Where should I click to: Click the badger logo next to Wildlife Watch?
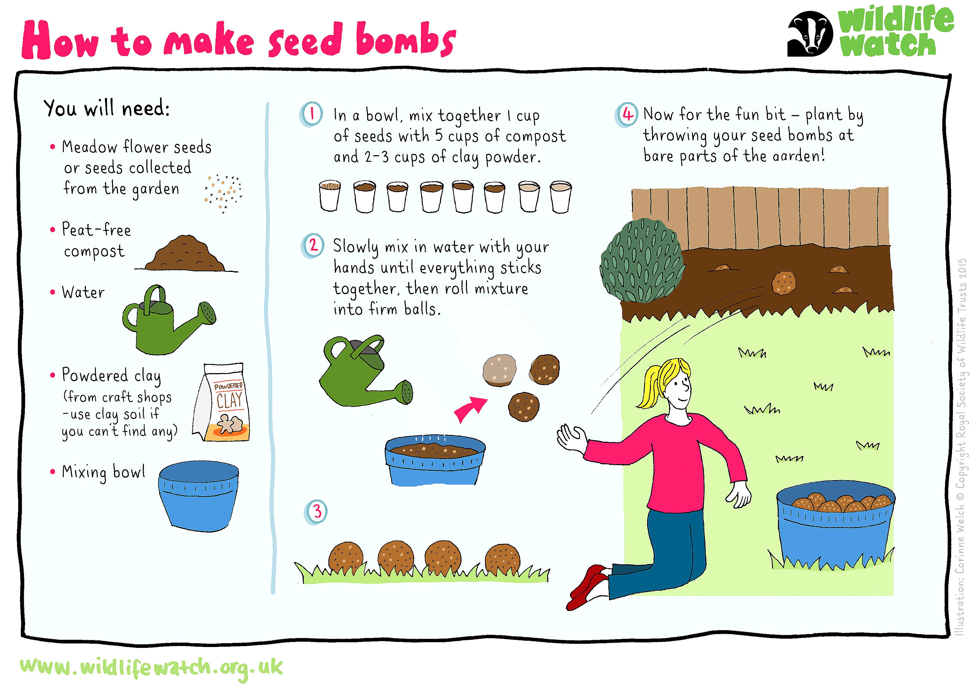(809, 34)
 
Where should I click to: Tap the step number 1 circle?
(312, 114)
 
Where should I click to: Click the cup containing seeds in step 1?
(330, 196)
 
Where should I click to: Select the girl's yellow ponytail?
(651, 385)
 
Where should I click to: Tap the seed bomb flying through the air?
(784, 283)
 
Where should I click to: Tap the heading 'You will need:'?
(106, 108)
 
